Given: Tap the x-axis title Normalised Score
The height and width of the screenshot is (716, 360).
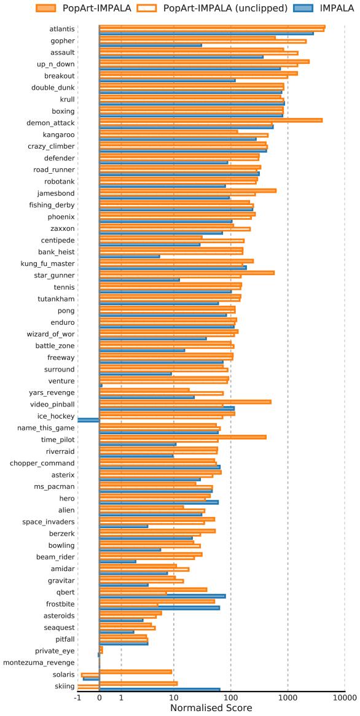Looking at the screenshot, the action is click(211, 708).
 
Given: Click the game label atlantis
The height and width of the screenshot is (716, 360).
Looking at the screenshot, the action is click(61, 29).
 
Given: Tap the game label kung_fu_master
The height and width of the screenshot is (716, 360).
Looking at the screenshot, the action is click(47, 264).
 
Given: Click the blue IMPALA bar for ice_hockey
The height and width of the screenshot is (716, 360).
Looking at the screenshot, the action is click(88, 419).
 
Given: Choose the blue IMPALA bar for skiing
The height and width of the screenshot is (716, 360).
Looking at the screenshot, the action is click(160, 690).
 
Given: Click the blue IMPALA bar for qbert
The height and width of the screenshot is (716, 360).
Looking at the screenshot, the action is click(163, 596).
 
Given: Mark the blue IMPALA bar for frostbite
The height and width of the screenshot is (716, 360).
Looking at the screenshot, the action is click(160, 608).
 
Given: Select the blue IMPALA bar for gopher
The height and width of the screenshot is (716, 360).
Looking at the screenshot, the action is click(151, 45).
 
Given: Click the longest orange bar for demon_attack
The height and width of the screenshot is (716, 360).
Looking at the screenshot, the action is click(211, 120).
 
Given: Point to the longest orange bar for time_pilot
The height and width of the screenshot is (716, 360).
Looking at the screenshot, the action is click(182, 437).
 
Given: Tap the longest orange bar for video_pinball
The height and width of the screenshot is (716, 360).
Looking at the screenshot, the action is click(186, 402).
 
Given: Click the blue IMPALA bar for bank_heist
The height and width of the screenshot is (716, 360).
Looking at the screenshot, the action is click(130, 257).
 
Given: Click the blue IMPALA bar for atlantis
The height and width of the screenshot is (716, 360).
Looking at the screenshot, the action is click(206, 33).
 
